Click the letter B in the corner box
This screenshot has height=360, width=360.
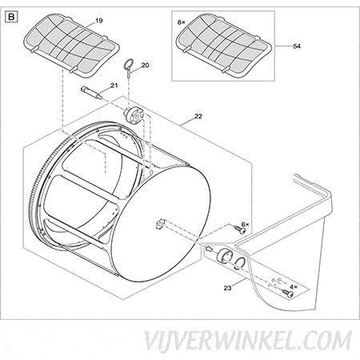point(11,17)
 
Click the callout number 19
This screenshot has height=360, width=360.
point(98,21)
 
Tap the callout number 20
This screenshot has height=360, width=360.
point(145,65)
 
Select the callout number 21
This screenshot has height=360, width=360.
point(114,86)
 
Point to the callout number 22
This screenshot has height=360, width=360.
point(198,116)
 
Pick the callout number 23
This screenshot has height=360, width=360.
point(227,288)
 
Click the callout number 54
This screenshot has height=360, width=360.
point(297,46)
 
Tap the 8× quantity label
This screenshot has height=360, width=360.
point(182,22)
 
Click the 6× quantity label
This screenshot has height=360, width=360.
point(245,225)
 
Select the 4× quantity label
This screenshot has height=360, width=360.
point(294,287)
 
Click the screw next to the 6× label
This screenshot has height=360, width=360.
point(240,230)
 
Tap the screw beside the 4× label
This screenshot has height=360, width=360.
point(287,293)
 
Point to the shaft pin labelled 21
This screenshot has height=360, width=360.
point(91,93)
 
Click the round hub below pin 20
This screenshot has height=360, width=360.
point(134,115)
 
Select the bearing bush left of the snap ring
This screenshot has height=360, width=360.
point(225,255)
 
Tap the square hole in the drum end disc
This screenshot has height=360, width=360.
point(160,223)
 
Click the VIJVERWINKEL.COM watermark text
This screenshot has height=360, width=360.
point(248,341)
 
